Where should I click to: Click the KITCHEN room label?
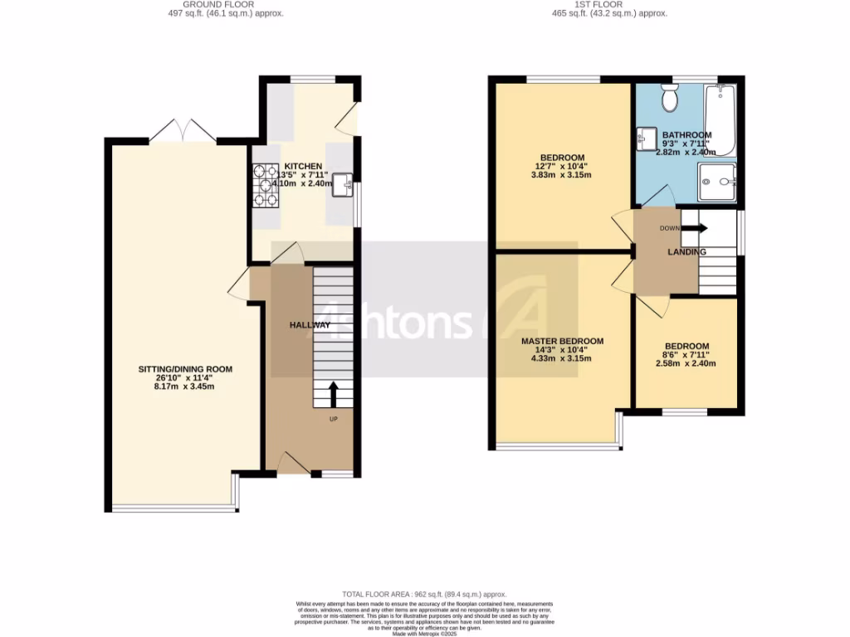coord(303,166)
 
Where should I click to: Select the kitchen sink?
coord(342,187)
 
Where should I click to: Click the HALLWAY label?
coord(310,325)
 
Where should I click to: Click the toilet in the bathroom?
coord(670,99)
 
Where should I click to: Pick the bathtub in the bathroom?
coord(719,120)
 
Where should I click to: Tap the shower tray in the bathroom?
coord(718,182)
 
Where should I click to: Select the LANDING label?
coord(686,252)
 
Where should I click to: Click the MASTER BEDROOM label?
coord(562,341)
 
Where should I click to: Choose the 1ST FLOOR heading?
coord(609,5)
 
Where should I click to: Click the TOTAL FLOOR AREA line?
coord(424,594)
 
